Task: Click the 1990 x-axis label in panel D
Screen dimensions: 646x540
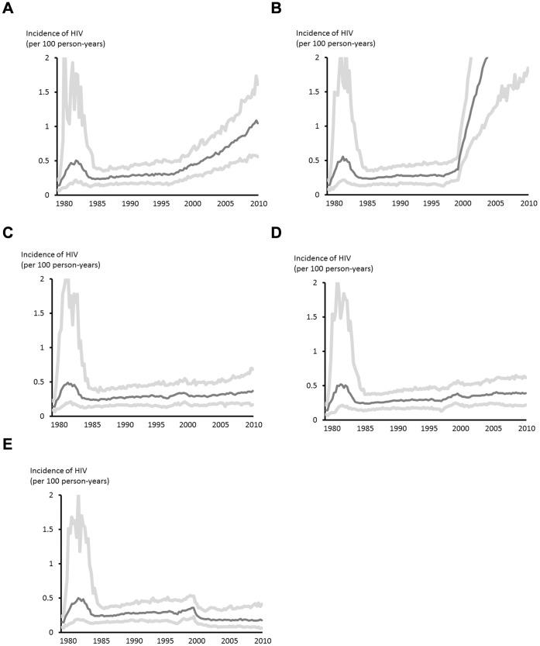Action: (399, 429)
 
